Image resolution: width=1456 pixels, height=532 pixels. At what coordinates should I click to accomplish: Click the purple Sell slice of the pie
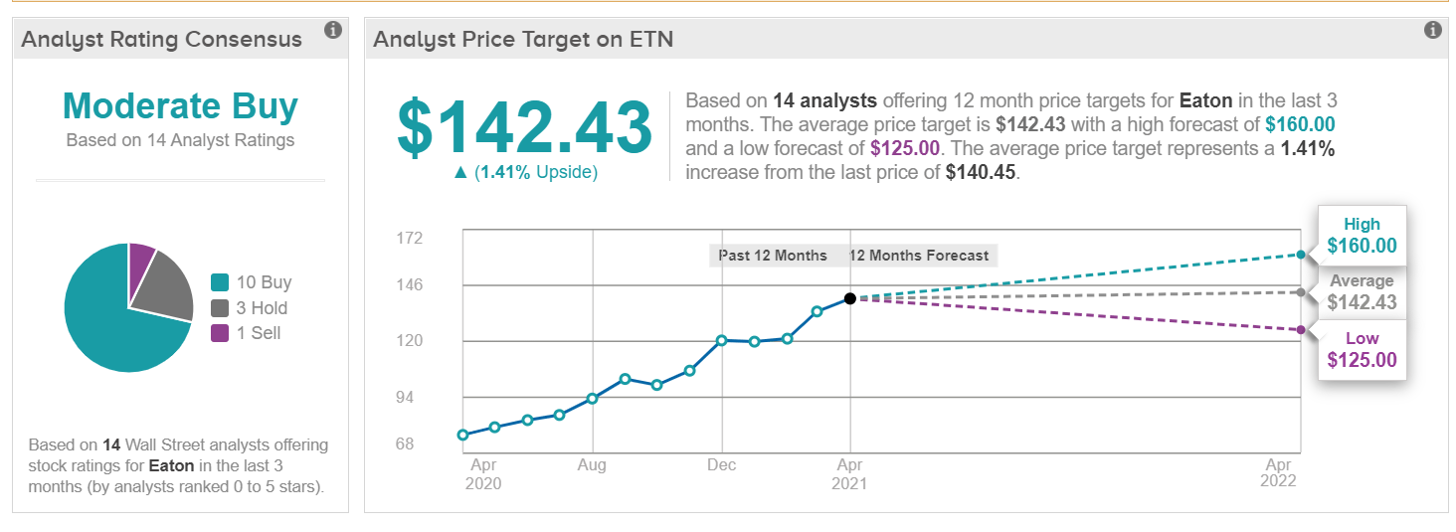click(x=141, y=260)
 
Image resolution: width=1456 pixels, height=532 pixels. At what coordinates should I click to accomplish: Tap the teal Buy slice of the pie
click(x=109, y=318)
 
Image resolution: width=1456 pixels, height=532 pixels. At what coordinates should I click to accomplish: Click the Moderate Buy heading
click(x=180, y=106)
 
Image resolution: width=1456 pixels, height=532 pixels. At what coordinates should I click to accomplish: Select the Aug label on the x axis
click(x=592, y=464)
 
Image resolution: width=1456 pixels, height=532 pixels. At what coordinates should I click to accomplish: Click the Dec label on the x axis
click(x=721, y=464)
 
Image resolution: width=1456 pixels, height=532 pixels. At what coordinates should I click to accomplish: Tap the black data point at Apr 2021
click(x=849, y=298)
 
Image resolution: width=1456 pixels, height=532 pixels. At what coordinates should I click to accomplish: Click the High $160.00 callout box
click(x=1362, y=236)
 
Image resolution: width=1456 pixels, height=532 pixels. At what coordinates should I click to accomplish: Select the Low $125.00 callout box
click(x=1362, y=350)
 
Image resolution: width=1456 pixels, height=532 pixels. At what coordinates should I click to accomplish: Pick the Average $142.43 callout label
click(x=1362, y=292)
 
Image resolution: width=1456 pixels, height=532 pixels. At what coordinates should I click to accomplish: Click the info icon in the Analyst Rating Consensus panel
click(x=333, y=31)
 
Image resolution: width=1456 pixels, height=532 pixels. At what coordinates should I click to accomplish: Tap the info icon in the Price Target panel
click(x=1432, y=31)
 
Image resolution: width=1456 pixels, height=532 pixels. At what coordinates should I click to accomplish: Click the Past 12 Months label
click(x=773, y=256)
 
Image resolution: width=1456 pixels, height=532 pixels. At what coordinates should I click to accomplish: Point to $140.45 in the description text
click(x=979, y=171)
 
